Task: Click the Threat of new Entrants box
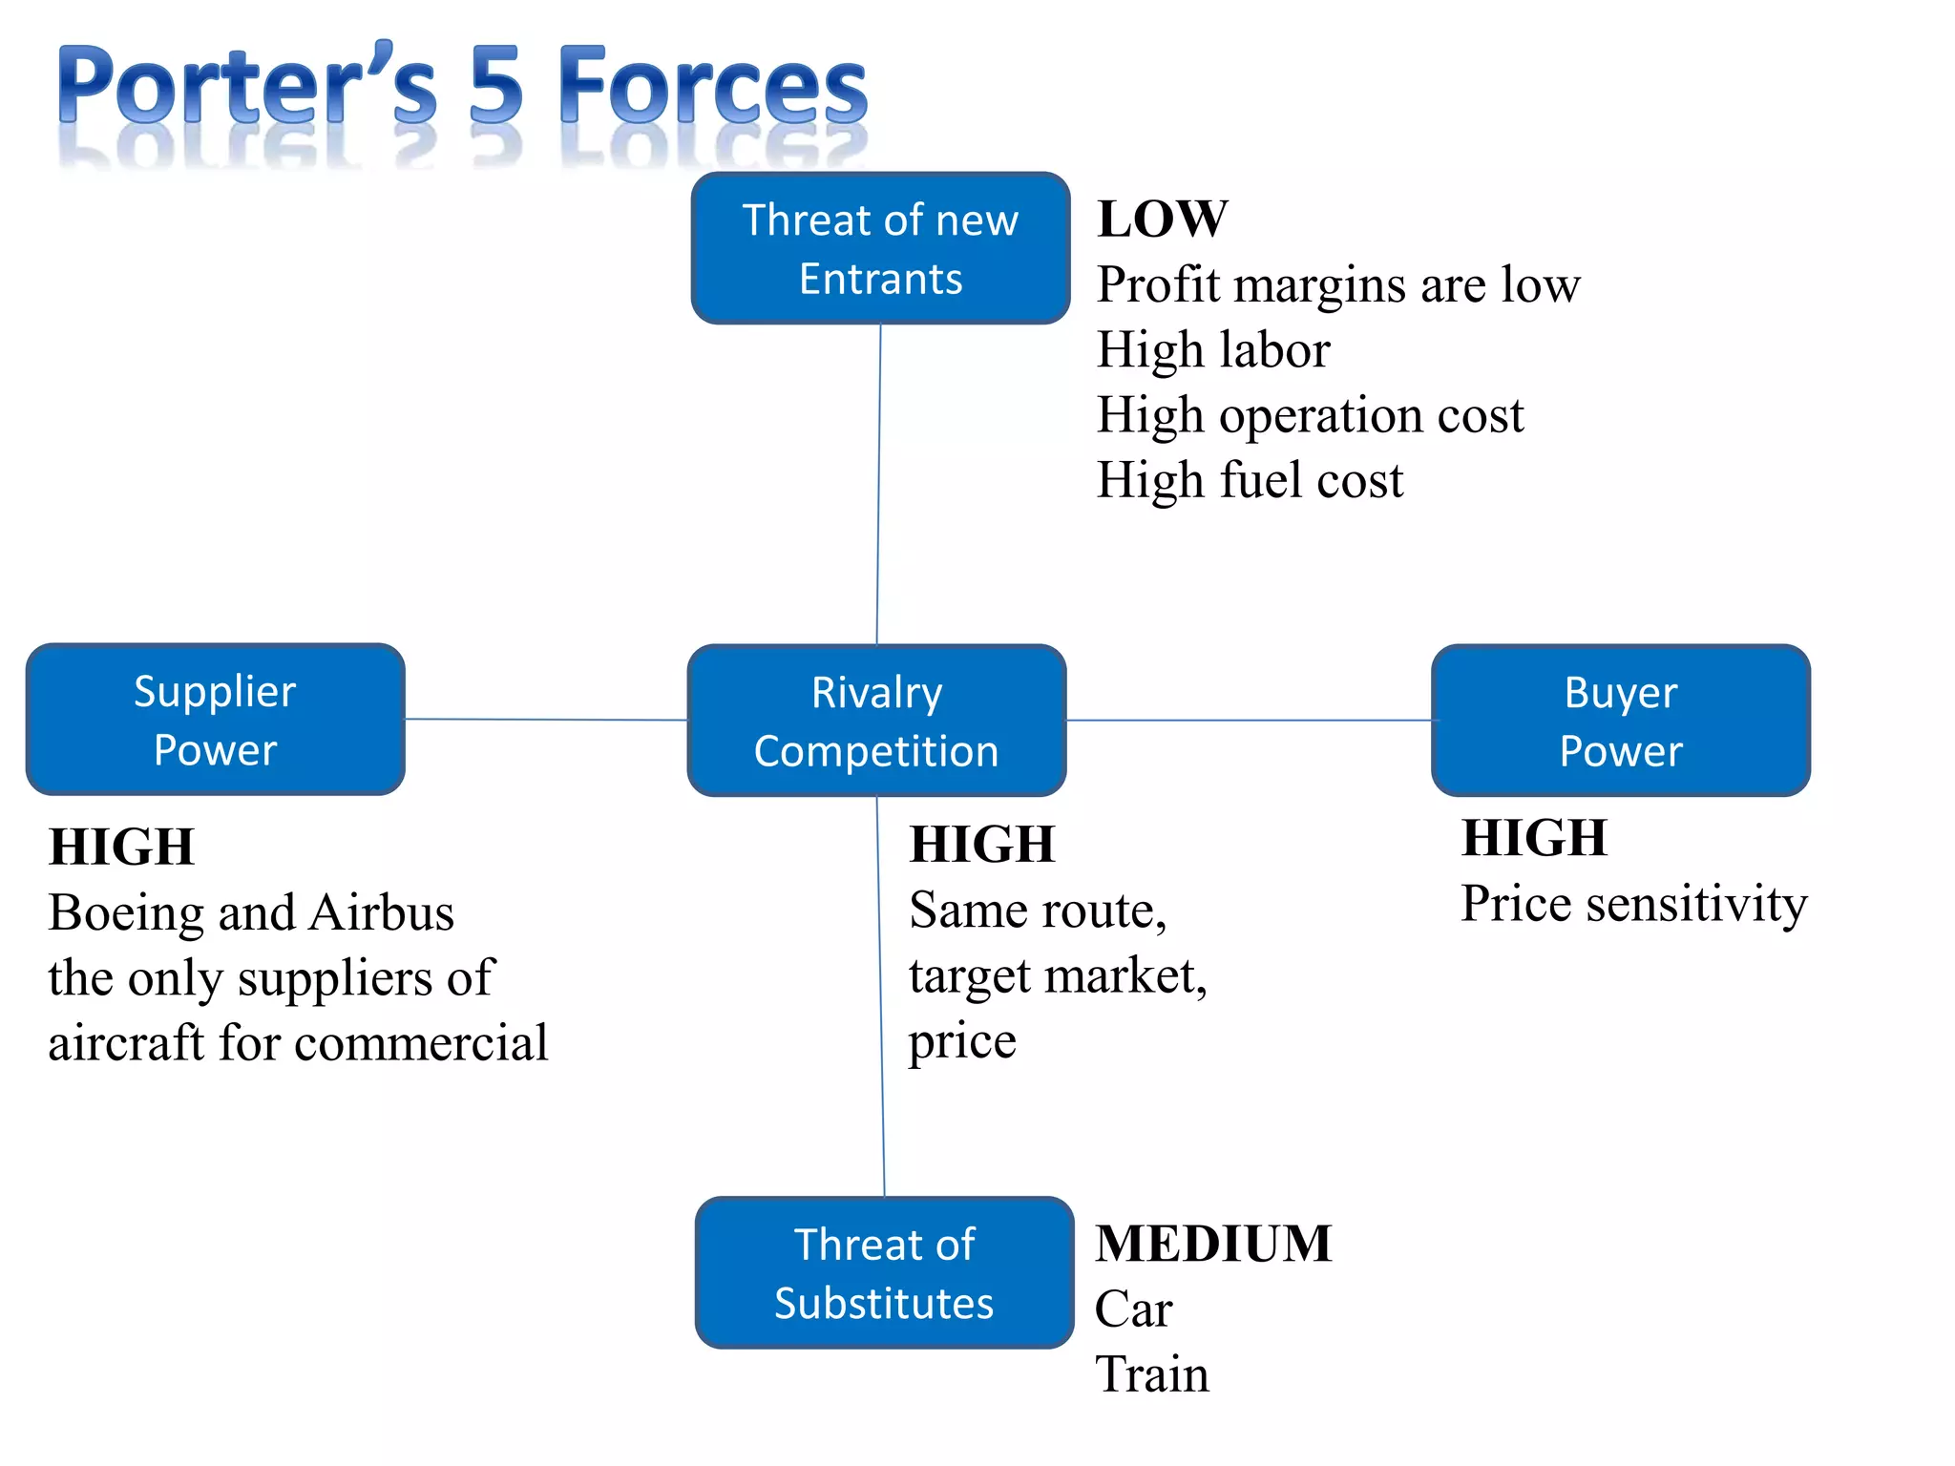(x=880, y=248)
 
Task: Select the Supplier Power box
(x=216, y=720)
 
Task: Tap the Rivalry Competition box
(x=876, y=721)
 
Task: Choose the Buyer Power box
(x=1620, y=721)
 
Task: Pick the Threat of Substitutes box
(x=884, y=1272)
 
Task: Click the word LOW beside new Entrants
(x=1162, y=219)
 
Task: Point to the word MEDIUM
(x=1212, y=1244)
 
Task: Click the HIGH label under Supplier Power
(x=121, y=847)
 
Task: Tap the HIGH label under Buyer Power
(x=1534, y=838)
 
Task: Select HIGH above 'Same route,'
(x=982, y=845)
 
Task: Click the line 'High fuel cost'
(x=1250, y=480)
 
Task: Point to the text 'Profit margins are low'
(x=1337, y=284)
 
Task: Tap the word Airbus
(x=382, y=912)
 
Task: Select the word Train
(x=1151, y=1374)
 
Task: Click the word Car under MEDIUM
(x=1133, y=1309)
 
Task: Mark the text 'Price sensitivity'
(x=1633, y=904)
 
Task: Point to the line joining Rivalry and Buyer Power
(x=1249, y=720)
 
